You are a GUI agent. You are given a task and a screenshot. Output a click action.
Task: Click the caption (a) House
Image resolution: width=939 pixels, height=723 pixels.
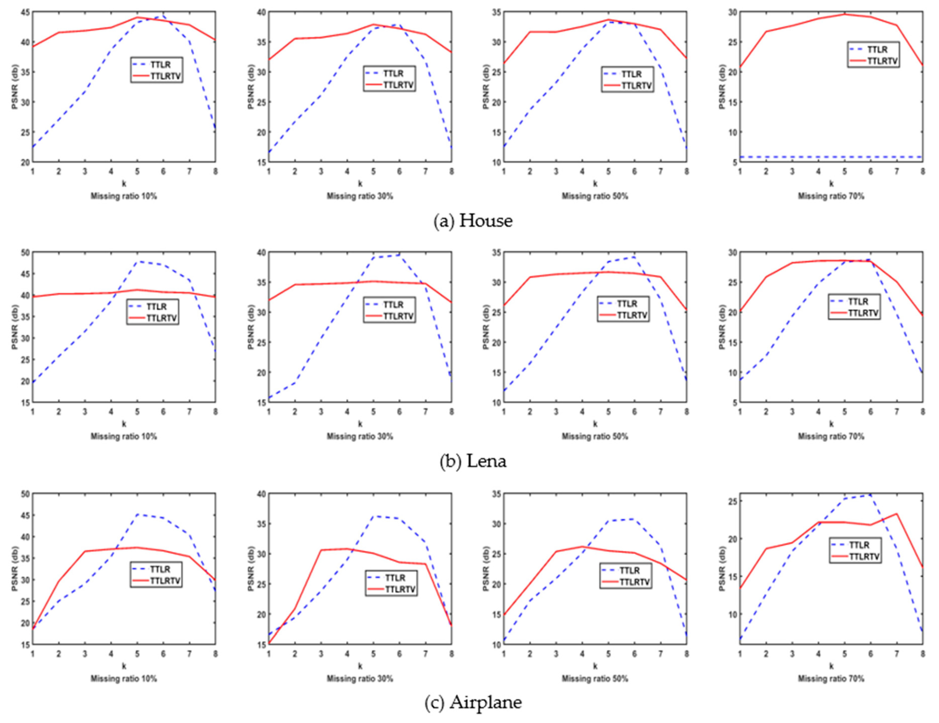click(473, 221)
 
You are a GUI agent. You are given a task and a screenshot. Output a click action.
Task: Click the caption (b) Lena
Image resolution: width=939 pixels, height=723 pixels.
click(473, 461)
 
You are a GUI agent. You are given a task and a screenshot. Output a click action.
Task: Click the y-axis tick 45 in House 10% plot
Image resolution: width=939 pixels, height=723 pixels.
click(25, 12)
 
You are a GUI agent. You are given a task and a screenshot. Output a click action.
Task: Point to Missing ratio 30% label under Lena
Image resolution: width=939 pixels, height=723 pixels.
click(360, 436)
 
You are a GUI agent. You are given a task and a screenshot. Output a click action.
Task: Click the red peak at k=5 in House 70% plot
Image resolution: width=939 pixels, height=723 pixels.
click(844, 14)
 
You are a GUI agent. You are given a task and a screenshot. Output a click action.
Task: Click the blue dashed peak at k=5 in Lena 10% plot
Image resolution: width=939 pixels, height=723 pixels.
click(137, 261)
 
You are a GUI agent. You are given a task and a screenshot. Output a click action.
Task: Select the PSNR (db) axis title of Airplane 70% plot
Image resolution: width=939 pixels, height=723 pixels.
click(722, 569)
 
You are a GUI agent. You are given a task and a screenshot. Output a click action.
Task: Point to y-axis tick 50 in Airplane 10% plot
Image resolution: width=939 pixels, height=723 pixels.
click(25, 494)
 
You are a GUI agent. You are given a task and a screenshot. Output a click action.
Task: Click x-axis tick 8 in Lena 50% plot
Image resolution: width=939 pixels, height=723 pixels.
click(687, 412)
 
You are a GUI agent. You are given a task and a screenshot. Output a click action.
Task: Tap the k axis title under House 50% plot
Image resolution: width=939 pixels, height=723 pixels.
click(595, 184)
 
